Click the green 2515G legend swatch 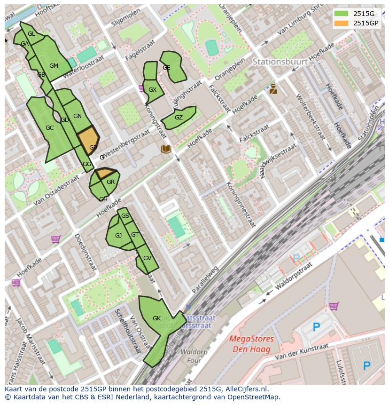(x=342, y=14)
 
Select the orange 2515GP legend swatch (x=342, y=23)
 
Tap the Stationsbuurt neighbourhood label (x=280, y=62)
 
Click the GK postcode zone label (x=156, y=318)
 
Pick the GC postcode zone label (x=49, y=128)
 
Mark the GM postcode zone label (x=54, y=66)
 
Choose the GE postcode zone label (x=166, y=68)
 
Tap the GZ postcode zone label (x=179, y=118)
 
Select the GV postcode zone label (x=147, y=258)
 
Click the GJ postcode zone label (x=118, y=236)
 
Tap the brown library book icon (x=166, y=149)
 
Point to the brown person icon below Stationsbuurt (x=273, y=89)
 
